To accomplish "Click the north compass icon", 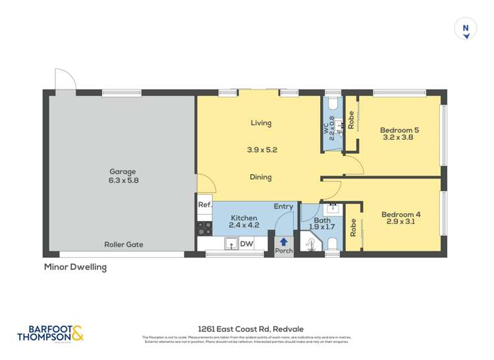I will (466, 29).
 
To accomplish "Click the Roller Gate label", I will (123, 244).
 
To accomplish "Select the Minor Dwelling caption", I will (74, 267).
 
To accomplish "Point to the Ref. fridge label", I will (205, 205).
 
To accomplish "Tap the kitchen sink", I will (231, 244).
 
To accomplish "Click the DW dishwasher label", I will (247, 244).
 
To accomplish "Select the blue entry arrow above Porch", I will (284, 242).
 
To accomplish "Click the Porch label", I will (284, 251).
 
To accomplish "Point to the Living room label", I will (261, 123).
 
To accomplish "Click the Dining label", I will (261, 177).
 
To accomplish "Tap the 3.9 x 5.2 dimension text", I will (261, 150).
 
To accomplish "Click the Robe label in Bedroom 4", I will (354, 228).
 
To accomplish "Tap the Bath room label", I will (322, 220).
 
